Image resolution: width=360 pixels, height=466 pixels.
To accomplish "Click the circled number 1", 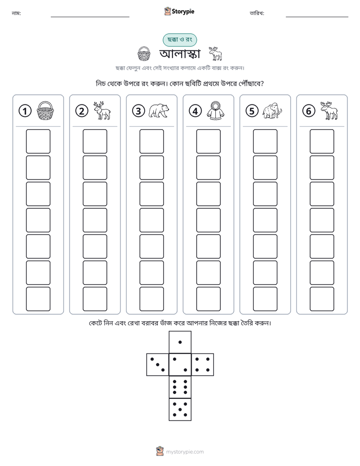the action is click(x=25, y=111).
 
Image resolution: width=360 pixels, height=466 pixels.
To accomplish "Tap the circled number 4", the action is click(x=195, y=111).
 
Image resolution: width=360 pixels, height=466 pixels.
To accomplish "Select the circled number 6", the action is click(x=309, y=111).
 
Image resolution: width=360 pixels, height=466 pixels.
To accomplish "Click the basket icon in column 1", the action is click(x=45, y=110).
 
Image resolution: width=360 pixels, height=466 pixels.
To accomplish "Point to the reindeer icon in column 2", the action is click(x=102, y=110).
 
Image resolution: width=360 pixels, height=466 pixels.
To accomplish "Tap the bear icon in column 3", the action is click(x=159, y=111).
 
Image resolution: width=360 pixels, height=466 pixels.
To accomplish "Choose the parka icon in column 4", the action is click(x=216, y=110).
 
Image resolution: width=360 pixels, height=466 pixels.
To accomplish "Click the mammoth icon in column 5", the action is click(x=272, y=111).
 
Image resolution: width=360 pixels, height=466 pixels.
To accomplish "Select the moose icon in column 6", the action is click(x=329, y=110).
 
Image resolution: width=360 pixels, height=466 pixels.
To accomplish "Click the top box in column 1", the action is click(x=38, y=141).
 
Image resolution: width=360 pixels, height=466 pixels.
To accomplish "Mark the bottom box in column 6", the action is click(x=322, y=299).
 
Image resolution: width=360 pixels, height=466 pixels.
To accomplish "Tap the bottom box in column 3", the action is click(x=152, y=299).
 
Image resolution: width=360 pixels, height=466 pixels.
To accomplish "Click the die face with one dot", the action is click(x=180, y=342).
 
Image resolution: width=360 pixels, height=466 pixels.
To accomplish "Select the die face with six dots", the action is click(x=180, y=387).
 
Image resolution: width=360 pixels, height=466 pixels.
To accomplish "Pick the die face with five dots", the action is click(x=180, y=410).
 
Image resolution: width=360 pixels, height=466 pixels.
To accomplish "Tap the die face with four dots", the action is click(x=203, y=365).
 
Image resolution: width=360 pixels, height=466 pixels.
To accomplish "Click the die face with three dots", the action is click(x=158, y=365).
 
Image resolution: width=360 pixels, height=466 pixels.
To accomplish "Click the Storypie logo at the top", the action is click(x=179, y=12).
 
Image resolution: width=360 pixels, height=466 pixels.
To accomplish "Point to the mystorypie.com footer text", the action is click(x=185, y=452).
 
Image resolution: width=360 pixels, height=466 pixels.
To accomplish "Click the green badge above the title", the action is click(x=179, y=40).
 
